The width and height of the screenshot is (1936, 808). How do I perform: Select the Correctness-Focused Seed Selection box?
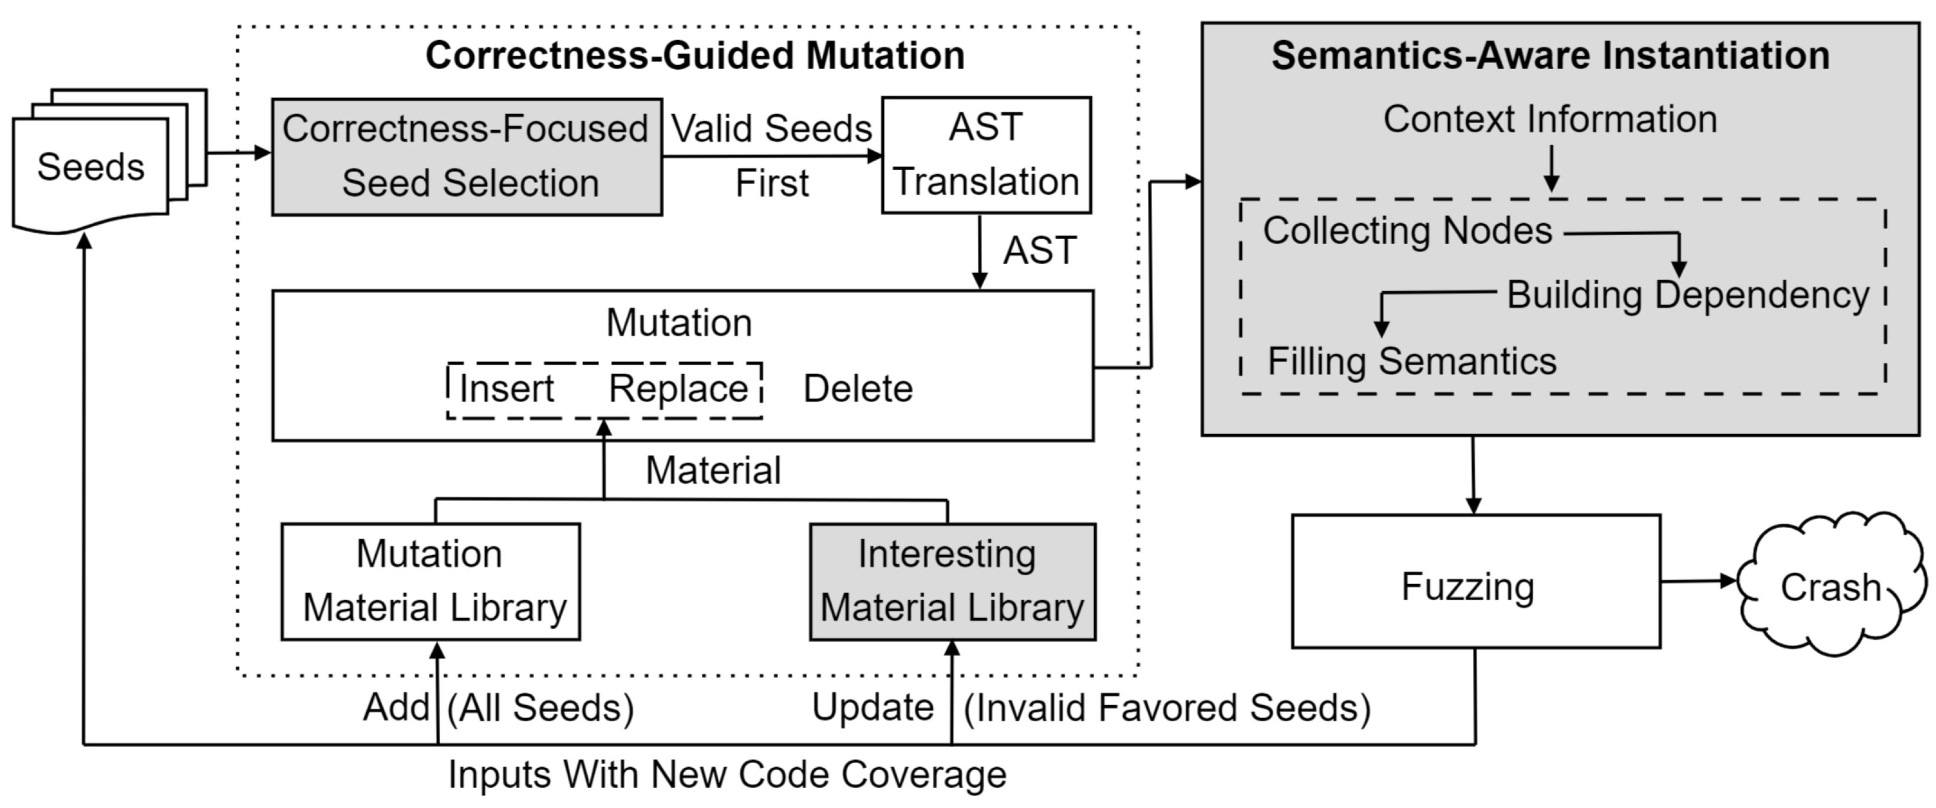point(466,157)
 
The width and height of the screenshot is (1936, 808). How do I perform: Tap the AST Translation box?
point(985,155)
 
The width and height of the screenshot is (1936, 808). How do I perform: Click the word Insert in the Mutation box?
point(506,389)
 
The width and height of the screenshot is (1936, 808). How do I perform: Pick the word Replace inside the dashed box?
point(678,389)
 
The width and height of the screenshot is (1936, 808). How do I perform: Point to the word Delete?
point(857,389)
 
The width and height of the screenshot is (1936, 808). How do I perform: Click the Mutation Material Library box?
point(431,581)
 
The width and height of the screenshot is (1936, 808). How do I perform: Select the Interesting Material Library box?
point(952,581)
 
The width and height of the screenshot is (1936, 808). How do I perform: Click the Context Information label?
point(1550,119)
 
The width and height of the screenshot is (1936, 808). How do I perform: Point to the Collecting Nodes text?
point(1407,231)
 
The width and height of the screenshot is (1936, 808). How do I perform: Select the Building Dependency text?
point(1687,295)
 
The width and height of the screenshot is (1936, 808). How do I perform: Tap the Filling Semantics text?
point(1411,361)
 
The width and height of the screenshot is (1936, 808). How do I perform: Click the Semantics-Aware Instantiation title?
point(1550,56)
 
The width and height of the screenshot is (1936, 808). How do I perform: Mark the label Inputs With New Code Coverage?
point(727,774)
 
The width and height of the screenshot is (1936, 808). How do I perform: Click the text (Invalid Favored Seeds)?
point(1166,708)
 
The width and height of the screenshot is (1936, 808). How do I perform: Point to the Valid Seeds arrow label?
point(771,129)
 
